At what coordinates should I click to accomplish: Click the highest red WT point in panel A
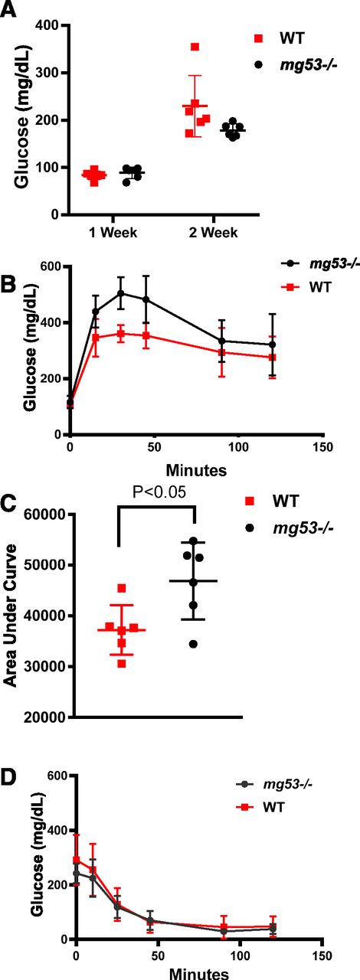pos(195,47)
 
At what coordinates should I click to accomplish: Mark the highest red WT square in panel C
pos(122,589)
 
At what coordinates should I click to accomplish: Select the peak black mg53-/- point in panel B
pos(120,293)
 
